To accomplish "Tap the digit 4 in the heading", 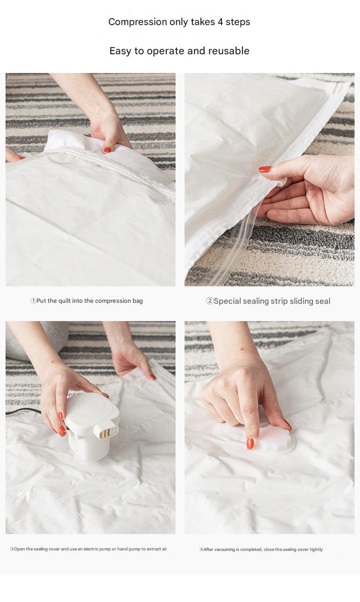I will tap(220, 22).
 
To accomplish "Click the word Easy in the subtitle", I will tap(120, 51).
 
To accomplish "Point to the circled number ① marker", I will tap(33, 301).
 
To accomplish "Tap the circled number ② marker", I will tap(210, 301).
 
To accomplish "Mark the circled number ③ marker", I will tap(12, 549).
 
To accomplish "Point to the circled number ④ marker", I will tap(201, 550).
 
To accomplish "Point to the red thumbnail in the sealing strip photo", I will tap(265, 169).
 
